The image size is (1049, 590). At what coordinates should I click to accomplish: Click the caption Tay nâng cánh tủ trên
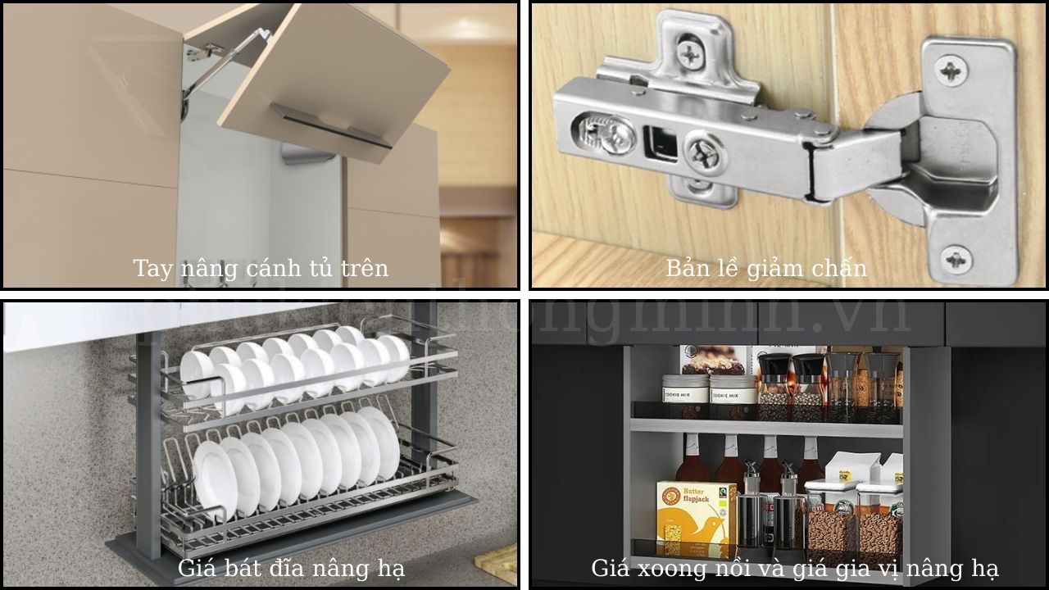(261, 268)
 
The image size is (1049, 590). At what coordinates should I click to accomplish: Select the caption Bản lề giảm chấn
(765, 268)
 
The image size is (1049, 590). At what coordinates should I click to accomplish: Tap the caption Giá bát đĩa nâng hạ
(291, 568)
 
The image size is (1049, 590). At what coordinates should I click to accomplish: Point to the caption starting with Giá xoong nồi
(794, 568)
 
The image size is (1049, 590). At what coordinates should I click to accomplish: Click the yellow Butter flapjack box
(696, 519)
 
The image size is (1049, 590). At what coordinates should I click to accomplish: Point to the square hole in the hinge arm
(660, 142)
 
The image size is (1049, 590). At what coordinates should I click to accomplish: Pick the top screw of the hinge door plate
(951, 70)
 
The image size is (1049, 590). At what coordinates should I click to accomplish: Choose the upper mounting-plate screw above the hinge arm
(691, 54)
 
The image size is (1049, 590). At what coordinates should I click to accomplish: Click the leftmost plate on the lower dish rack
(211, 479)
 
